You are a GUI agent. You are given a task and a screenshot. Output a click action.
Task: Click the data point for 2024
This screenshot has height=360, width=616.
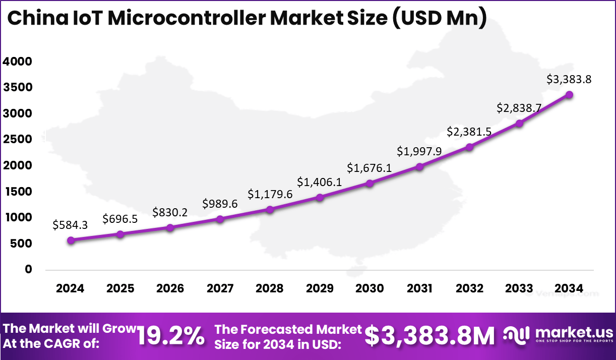(71, 241)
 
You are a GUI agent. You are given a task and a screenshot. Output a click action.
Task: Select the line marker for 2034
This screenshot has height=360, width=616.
(569, 94)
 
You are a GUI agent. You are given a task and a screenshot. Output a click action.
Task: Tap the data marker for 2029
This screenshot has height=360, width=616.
(320, 197)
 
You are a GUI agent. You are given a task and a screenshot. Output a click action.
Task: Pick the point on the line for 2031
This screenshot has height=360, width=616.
(419, 166)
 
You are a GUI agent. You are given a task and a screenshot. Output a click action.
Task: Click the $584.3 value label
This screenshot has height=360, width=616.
(70, 225)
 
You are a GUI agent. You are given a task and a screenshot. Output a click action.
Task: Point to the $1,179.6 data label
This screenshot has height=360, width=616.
(270, 194)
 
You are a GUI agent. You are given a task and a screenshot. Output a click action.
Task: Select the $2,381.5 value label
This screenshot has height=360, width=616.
(469, 132)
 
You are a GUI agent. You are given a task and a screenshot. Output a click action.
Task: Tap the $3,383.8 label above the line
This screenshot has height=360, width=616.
(569, 79)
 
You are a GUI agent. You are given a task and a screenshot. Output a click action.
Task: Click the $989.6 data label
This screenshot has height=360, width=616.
(220, 203)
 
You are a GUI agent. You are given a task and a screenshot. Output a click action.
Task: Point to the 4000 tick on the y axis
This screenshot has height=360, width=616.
(17, 62)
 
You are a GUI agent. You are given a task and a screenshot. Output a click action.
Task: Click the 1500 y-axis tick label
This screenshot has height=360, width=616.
(17, 192)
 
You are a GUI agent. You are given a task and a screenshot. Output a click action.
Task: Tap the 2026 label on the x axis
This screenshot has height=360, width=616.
(170, 288)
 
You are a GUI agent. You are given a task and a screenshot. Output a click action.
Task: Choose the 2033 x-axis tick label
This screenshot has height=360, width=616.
(519, 288)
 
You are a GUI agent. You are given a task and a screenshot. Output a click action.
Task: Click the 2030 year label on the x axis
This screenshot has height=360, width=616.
(369, 288)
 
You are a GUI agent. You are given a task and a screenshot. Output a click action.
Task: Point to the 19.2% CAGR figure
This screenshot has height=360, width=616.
(171, 336)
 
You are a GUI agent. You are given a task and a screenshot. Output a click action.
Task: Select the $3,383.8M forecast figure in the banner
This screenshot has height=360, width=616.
(430, 336)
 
